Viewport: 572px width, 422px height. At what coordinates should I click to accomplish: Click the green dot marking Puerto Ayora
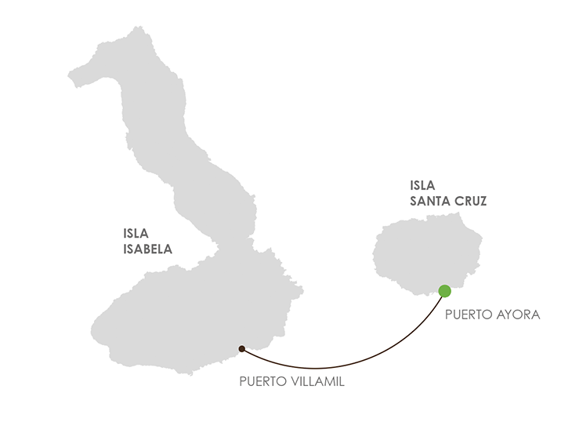click(445, 291)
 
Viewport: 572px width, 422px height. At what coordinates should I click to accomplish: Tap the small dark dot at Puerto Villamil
click(241, 348)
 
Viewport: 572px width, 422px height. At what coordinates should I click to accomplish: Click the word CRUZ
click(471, 202)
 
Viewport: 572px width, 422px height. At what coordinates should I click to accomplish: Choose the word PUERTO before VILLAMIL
click(263, 384)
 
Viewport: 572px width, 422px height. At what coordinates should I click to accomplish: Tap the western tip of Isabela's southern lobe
click(93, 330)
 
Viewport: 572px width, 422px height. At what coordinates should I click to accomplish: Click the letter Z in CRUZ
click(483, 202)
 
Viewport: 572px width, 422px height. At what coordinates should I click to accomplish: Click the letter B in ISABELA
click(149, 249)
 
